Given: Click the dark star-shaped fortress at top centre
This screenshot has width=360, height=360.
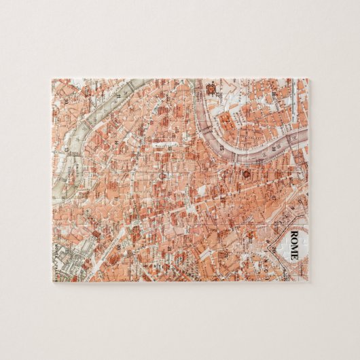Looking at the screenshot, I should [x=209, y=88].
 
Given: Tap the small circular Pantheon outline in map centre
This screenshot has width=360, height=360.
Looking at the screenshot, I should [x=162, y=175].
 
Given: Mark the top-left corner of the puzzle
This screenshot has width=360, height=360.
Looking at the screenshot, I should [x=52, y=79].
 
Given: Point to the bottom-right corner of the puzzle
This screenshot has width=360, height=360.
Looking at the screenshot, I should [x=308, y=281].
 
